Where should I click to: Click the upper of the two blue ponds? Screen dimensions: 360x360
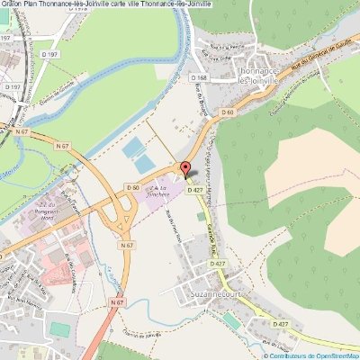pos(133,146)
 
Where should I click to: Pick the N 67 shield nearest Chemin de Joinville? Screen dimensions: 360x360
pos(117,303)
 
